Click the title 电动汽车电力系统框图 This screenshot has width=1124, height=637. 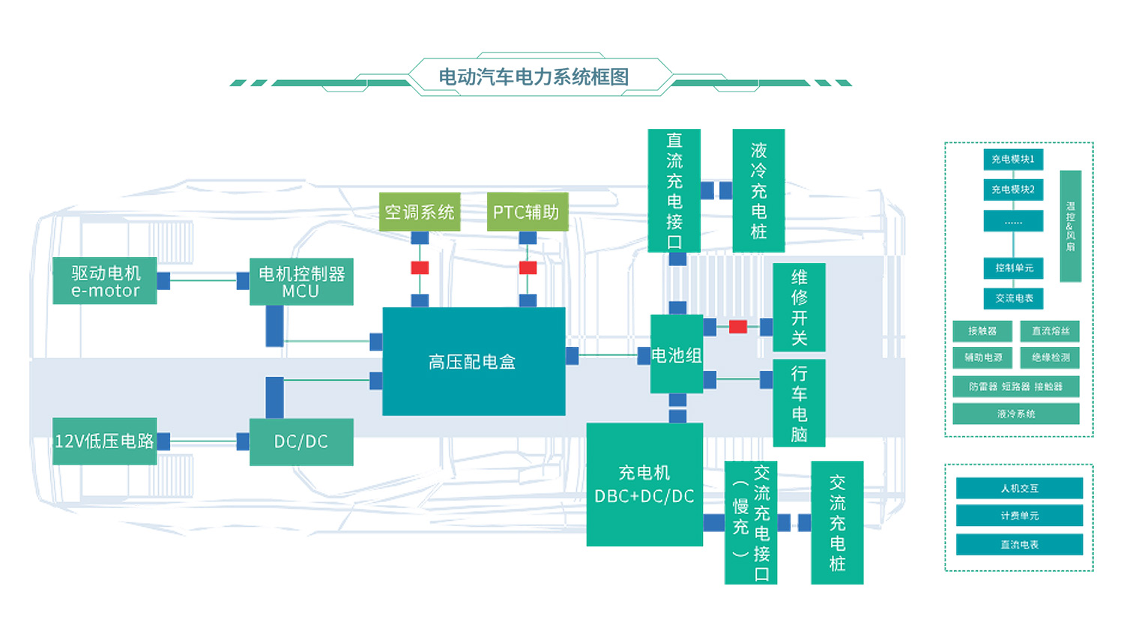534,76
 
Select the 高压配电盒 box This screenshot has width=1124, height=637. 474,361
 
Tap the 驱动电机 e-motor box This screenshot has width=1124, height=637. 105,281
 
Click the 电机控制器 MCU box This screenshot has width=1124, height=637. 301,282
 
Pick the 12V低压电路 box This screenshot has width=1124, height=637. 105,441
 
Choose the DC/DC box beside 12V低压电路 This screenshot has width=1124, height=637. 301,442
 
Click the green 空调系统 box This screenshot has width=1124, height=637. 420,212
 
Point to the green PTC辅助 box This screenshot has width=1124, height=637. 527,212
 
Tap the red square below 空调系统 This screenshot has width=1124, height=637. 420,268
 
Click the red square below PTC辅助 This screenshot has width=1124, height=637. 528,268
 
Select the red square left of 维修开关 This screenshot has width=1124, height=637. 738,327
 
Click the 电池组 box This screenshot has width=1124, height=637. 677,354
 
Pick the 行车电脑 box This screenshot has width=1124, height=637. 799,403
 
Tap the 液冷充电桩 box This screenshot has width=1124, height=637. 758,190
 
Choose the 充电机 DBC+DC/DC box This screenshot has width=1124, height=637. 644,484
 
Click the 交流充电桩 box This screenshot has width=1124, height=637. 837,522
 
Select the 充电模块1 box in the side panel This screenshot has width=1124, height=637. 1013,159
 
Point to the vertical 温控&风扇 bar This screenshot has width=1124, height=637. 1070,226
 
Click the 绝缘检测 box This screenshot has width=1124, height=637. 1050,357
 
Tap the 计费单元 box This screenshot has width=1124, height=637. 1019,516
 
